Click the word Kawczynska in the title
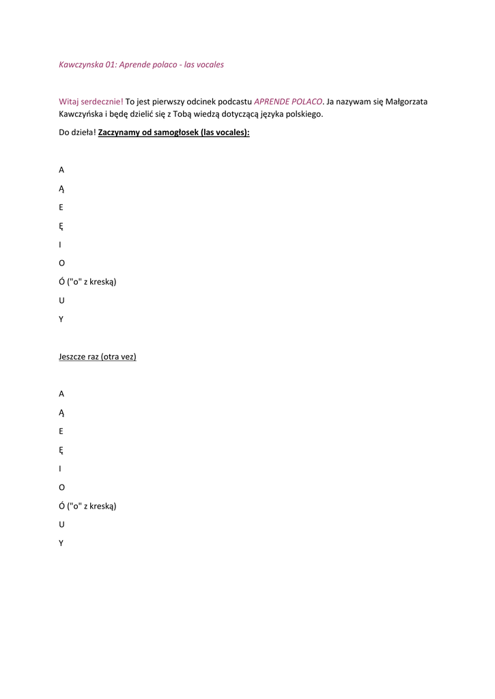81,65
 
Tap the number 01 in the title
111,65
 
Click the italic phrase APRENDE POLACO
287,102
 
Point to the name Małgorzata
406,102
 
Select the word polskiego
302,114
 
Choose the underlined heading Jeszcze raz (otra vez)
98,356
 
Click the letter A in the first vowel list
61,170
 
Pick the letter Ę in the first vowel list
61,226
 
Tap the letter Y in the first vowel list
61,319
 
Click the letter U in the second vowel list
61,524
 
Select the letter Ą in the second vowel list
61,413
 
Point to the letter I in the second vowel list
60,469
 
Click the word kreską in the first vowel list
100,282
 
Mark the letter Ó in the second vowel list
61,506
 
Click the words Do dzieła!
77,132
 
